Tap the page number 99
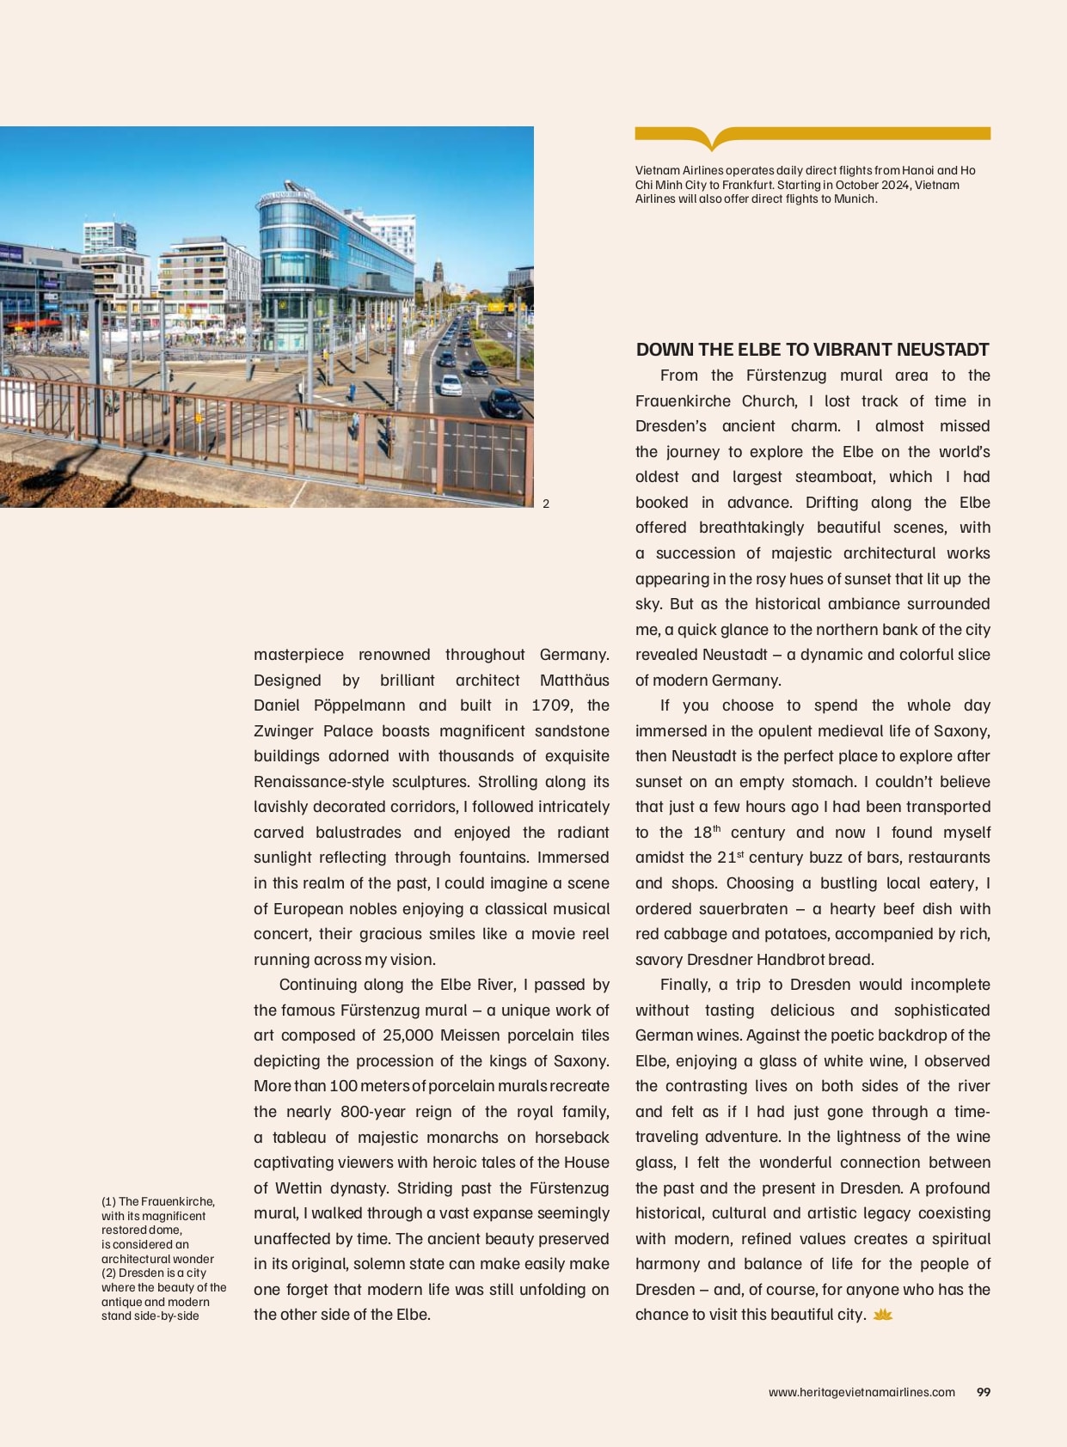pos(984,1392)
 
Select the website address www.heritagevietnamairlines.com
pos(862,1392)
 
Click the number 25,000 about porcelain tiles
pos(408,1035)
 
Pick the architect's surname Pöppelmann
pos(359,705)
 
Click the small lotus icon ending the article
pos(883,1315)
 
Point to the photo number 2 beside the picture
pos(546,504)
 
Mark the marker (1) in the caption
pos(108,1202)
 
